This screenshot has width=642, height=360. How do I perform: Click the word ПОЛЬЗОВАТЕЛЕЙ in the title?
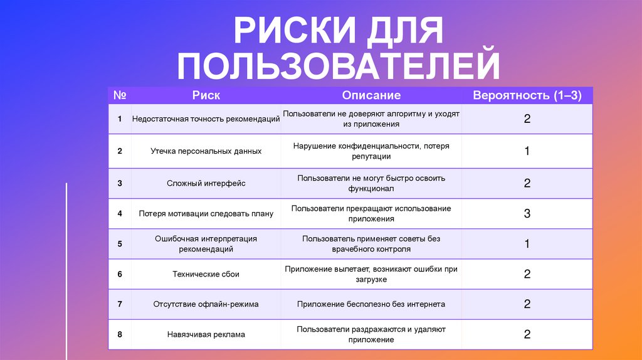(x=339, y=66)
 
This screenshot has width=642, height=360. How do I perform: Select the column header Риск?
(x=206, y=95)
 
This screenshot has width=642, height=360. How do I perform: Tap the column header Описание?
(x=371, y=95)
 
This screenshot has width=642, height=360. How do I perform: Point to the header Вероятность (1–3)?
(x=527, y=95)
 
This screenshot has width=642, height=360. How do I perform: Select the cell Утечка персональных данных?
(x=206, y=151)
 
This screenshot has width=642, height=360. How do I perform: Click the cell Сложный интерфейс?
(x=206, y=183)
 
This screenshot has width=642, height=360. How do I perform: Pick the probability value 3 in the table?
(x=527, y=213)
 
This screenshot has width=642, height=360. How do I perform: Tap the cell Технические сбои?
(x=206, y=274)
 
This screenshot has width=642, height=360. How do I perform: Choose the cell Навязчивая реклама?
(x=206, y=334)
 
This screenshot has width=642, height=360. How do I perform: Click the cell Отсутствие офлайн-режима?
(x=206, y=304)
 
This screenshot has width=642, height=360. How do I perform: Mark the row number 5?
(x=119, y=244)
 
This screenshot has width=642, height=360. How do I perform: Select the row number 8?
(x=119, y=334)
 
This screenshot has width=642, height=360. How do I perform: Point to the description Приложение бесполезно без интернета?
(x=371, y=304)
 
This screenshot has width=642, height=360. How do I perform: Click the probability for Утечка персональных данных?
(x=527, y=151)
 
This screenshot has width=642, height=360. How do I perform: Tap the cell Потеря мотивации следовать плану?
(x=206, y=213)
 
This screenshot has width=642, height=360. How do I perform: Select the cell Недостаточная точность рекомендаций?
(x=206, y=119)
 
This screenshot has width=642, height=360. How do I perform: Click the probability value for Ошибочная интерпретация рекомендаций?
(x=527, y=244)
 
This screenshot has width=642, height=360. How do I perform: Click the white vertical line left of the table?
(x=66, y=270)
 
